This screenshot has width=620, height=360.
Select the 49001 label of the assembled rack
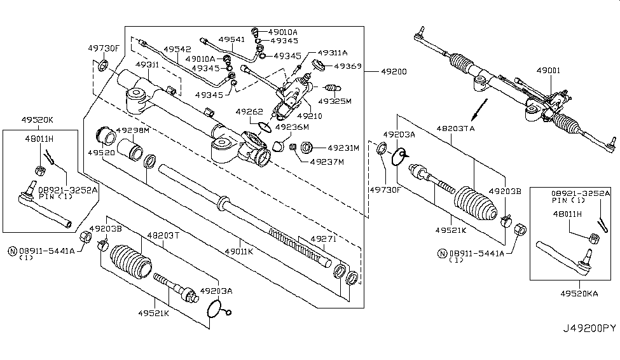[548, 72]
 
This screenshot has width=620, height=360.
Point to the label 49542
[176, 48]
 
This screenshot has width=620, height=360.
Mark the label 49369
[348, 66]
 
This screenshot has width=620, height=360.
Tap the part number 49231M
[344, 148]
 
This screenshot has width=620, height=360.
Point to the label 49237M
[327, 162]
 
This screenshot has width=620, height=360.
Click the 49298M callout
[132, 130]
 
